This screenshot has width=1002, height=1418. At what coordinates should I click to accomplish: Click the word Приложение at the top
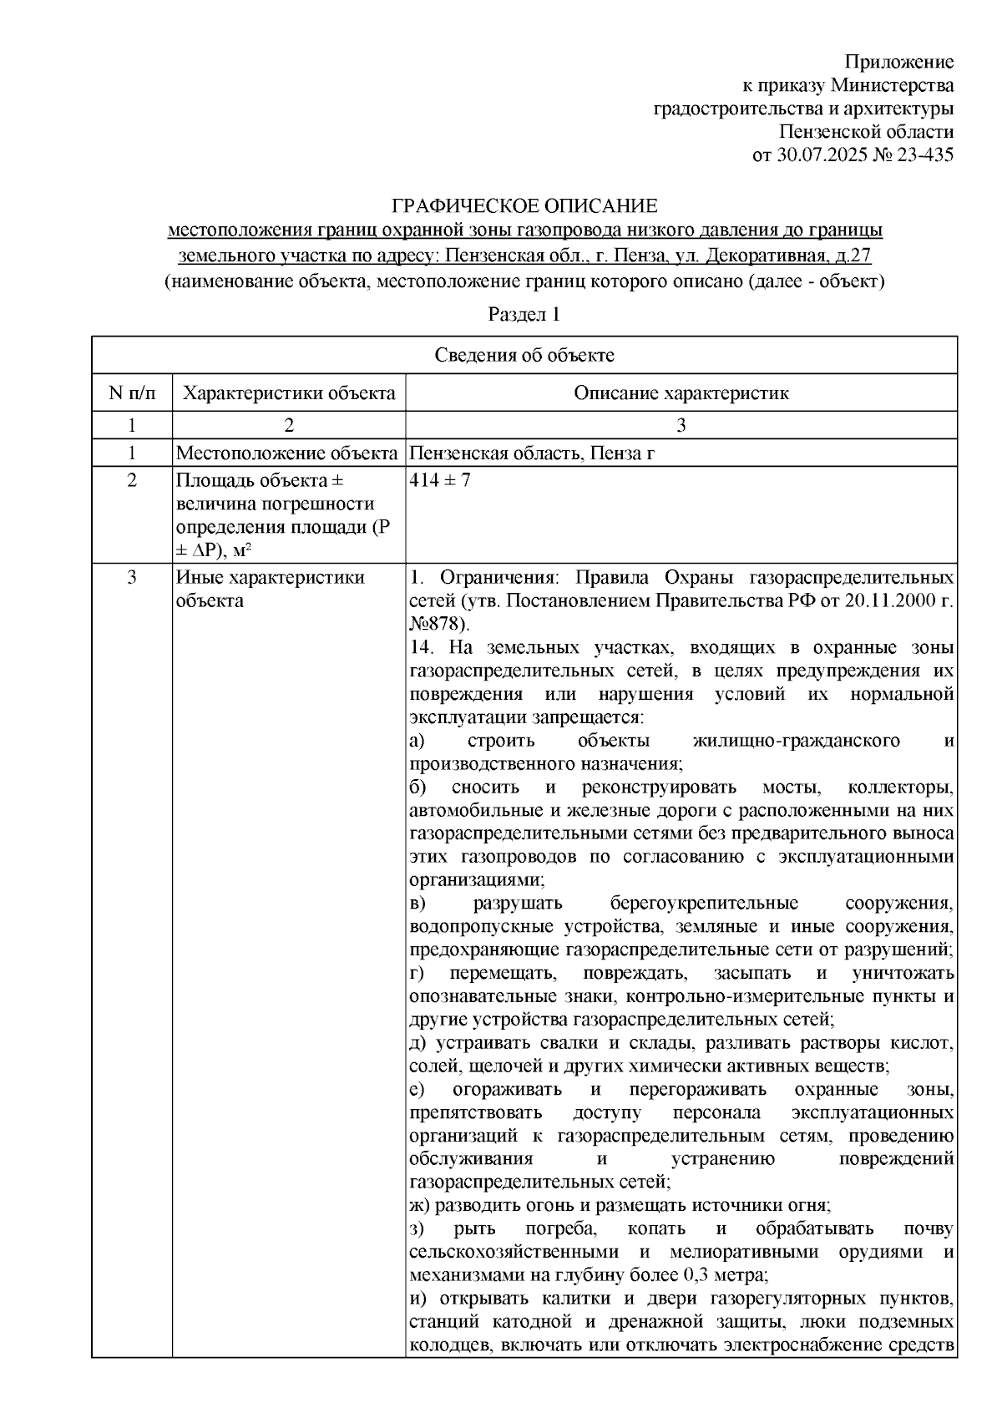pyautogui.click(x=898, y=62)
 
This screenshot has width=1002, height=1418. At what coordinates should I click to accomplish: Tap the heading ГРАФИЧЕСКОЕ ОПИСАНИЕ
pyautogui.click(x=525, y=206)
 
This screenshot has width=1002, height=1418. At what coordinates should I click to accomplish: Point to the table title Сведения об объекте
pyautogui.click(x=524, y=355)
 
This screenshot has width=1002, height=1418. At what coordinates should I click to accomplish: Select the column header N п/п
pyautogui.click(x=131, y=392)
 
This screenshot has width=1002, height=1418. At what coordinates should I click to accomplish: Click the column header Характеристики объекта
pyautogui.click(x=289, y=392)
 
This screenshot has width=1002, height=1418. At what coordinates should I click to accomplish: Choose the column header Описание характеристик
pyautogui.click(x=681, y=392)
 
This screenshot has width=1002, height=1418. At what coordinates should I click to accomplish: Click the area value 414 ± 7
pyautogui.click(x=440, y=481)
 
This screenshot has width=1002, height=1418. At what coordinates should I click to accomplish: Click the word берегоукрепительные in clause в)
pyautogui.click(x=704, y=904)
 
